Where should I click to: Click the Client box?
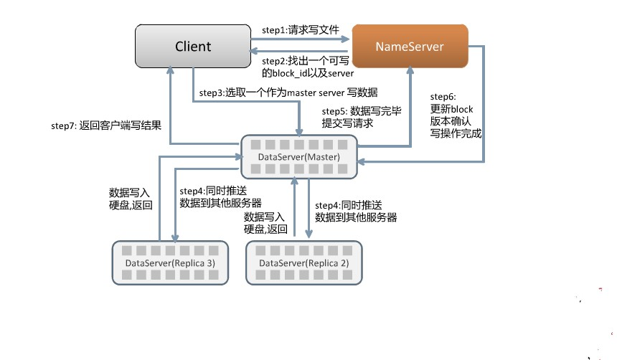coord(193,47)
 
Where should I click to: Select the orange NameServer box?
coord(410,47)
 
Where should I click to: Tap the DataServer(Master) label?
coord(298,156)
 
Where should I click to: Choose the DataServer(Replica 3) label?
coord(170,263)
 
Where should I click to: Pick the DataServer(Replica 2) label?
coord(303,263)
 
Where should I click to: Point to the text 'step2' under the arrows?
coord(275,61)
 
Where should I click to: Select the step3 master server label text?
coord(288,93)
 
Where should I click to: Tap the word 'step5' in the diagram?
coord(334,111)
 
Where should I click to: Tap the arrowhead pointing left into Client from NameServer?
coord(255,51)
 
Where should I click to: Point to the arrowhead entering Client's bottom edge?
coord(170,70)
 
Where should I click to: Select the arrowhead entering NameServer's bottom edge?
coord(410,70)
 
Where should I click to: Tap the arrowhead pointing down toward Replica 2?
coord(309,234)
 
